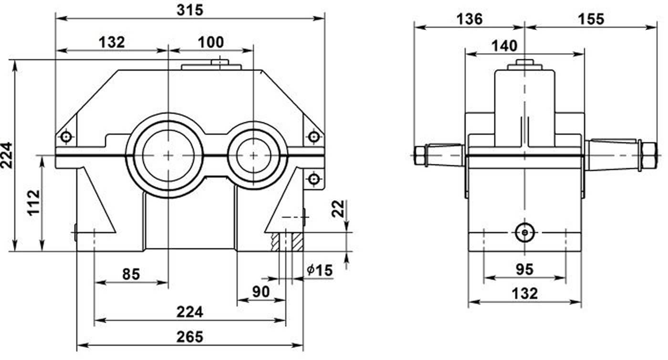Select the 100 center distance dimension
point(210,42)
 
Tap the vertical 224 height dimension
point(6,155)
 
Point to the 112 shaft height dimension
point(34,203)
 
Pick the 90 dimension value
point(261,291)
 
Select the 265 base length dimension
point(190,336)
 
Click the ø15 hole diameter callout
point(319,270)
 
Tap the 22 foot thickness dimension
point(338,209)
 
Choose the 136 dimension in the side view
point(470,19)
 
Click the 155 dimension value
point(591,19)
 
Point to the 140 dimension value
point(504,46)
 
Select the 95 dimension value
point(524,270)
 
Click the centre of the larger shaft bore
point(168,155)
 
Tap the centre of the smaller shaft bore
point(253,155)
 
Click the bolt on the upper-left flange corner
point(66,138)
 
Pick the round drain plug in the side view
point(524,232)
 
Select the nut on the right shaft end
point(649,155)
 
